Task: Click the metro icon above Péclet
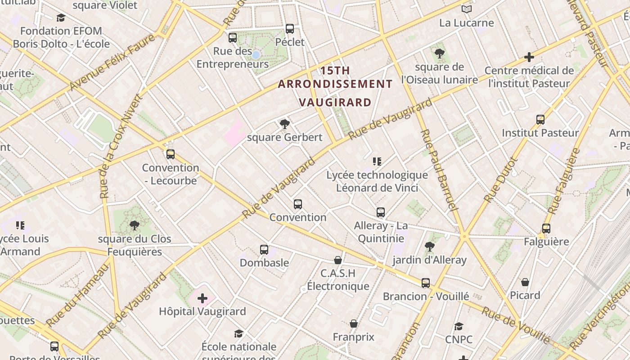point(290,29)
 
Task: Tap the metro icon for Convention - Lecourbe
point(170,154)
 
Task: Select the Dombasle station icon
point(264,249)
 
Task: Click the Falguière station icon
point(546,229)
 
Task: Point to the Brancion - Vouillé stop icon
point(426,283)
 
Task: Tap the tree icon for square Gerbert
point(284,124)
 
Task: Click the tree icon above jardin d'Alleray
point(430,247)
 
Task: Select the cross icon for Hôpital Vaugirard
point(202,298)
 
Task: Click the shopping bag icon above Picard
point(525,282)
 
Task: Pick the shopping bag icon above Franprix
point(354,324)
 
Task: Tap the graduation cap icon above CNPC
point(459,326)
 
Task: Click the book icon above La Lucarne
point(467,9)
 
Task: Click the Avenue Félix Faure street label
point(112,62)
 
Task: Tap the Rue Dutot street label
point(501,179)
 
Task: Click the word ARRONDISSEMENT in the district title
point(335,84)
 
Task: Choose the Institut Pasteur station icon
point(540,120)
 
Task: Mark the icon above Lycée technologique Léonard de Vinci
point(377,161)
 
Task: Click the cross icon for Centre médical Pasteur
point(529,57)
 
